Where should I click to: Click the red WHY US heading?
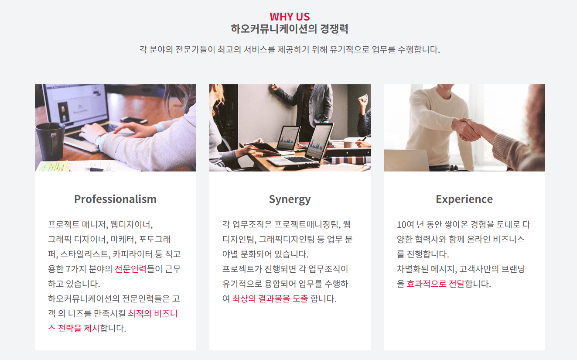tap(290, 17)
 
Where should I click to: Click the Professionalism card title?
tap(116, 199)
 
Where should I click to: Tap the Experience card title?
tap(464, 199)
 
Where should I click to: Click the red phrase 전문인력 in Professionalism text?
tap(130, 269)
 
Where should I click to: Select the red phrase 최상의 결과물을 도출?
tap(270, 298)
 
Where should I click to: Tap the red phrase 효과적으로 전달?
tap(435, 284)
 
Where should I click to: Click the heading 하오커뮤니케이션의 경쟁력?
tap(290, 29)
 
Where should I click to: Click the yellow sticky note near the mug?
tap(52, 166)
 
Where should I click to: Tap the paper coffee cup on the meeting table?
tap(349, 143)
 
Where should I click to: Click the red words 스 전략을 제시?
tap(74, 328)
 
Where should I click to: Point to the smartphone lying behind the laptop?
tap(134, 120)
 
